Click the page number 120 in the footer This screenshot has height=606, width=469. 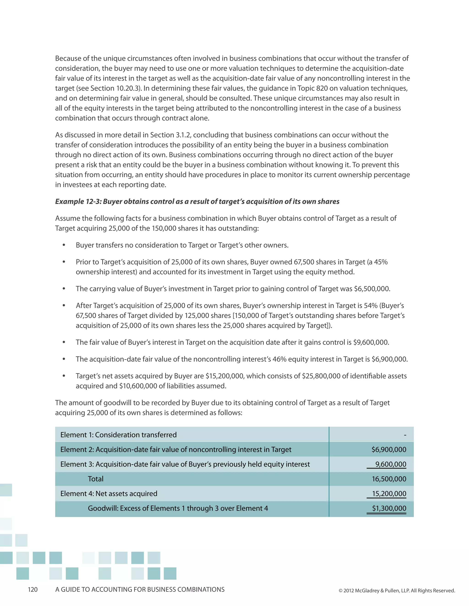pos(33,589)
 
